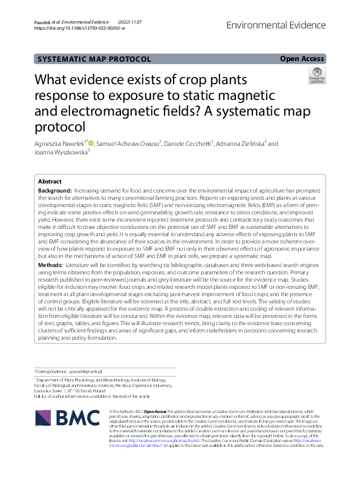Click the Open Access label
click(x=302, y=59)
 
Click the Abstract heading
click(x=50, y=182)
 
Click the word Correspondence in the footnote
click(x=54, y=370)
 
